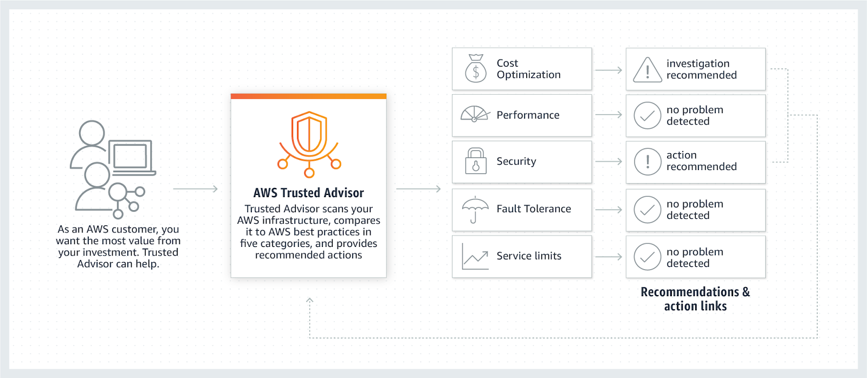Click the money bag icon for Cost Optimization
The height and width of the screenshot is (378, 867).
tap(475, 69)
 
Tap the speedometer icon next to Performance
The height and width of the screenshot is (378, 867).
tap(475, 114)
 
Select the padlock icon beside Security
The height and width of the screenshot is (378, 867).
tap(475, 161)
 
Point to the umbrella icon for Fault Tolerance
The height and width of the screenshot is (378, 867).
tap(475, 209)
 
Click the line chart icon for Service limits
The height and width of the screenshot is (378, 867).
tap(475, 256)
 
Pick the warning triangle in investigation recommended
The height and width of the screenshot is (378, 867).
tap(647, 70)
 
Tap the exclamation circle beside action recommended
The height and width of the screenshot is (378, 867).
tap(647, 161)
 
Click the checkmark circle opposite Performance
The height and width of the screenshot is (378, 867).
tap(647, 115)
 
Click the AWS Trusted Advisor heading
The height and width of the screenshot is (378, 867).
tap(308, 193)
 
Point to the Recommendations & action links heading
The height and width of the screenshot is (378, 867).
tap(695, 299)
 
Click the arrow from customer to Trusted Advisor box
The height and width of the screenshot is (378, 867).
tap(196, 189)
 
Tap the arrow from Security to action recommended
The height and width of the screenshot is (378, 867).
tap(609, 161)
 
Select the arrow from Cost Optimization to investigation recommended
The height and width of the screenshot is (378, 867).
tap(609, 70)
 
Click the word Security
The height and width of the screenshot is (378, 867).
tap(516, 161)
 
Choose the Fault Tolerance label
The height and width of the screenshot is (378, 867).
tap(533, 209)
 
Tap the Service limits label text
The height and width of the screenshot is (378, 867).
tap(529, 256)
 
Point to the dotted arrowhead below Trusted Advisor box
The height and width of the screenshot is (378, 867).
tap(309, 300)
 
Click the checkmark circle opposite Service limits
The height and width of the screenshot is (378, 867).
tap(647, 257)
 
